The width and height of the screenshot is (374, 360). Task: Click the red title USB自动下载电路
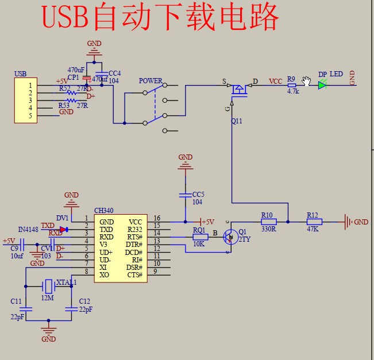[161, 18]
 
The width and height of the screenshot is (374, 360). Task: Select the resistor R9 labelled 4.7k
[292, 85]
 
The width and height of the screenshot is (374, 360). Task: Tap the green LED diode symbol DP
[322, 85]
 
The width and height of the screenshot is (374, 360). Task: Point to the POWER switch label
[151, 81]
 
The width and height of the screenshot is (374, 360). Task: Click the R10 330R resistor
[268, 222]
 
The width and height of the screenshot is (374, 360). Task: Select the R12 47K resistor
[314, 222]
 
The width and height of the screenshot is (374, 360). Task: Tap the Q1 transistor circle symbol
[231, 237]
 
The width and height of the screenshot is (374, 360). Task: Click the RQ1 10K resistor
[200, 237]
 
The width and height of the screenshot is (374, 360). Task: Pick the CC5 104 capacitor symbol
[185, 195]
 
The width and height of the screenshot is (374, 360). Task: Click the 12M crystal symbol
[49, 285]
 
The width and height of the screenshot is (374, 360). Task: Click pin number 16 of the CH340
[156, 219]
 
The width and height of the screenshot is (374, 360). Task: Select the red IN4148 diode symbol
[63, 230]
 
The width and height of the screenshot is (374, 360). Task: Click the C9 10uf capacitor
[22, 248]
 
